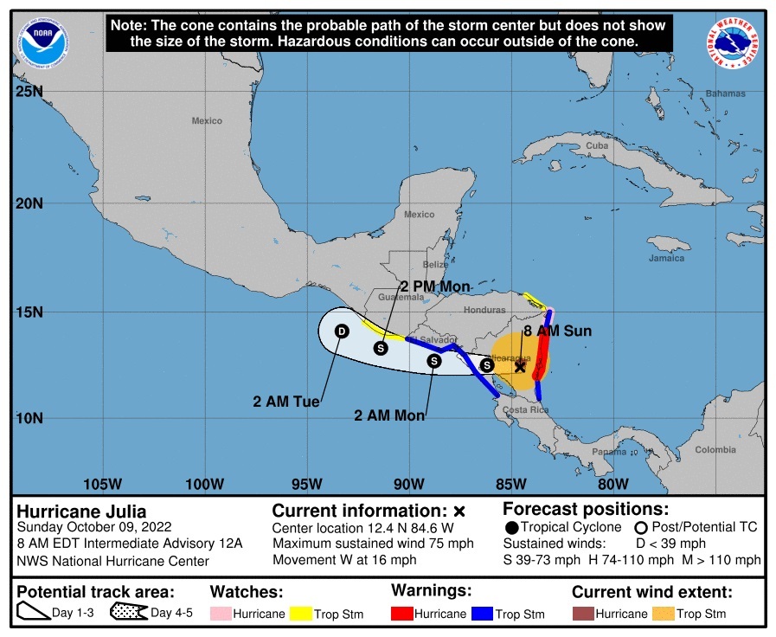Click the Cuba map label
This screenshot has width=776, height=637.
(x=597, y=145)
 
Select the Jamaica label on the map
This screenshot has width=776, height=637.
(x=666, y=258)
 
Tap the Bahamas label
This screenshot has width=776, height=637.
(x=725, y=93)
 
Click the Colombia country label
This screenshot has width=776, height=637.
(x=715, y=449)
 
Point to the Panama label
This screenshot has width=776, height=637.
(x=609, y=452)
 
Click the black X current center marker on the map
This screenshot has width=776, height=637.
(x=520, y=366)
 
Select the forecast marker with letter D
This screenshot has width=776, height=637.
(x=342, y=331)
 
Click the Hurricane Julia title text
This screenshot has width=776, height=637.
(x=82, y=511)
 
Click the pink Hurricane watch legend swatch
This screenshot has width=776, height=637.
(x=223, y=614)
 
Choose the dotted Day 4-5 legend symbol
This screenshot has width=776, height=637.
(x=128, y=613)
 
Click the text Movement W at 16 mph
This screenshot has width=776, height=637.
(x=344, y=560)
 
